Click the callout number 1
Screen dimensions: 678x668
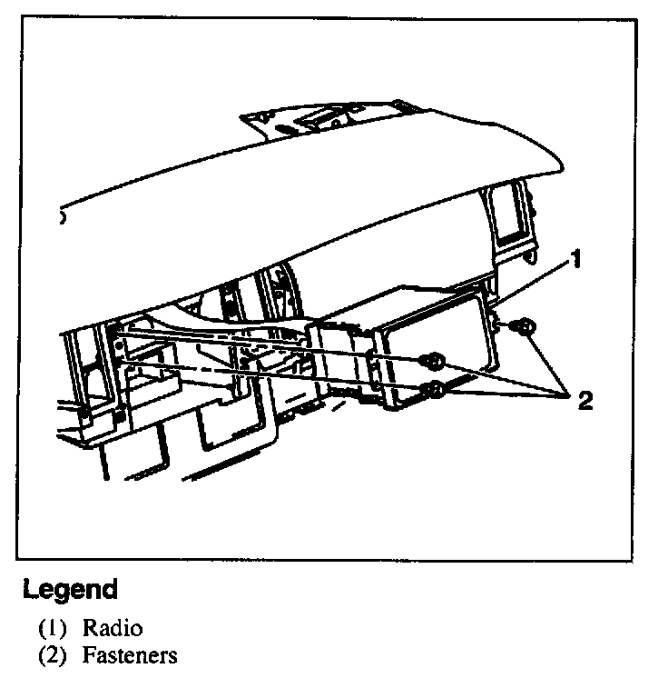click(x=574, y=262)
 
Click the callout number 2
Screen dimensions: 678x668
click(x=584, y=401)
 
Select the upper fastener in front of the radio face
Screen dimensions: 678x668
click(x=435, y=363)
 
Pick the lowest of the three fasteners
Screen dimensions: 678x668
click(x=436, y=391)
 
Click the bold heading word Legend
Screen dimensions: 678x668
click(x=70, y=589)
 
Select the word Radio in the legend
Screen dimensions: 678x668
click(x=113, y=627)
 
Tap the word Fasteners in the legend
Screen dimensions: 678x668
click(x=130, y=654)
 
